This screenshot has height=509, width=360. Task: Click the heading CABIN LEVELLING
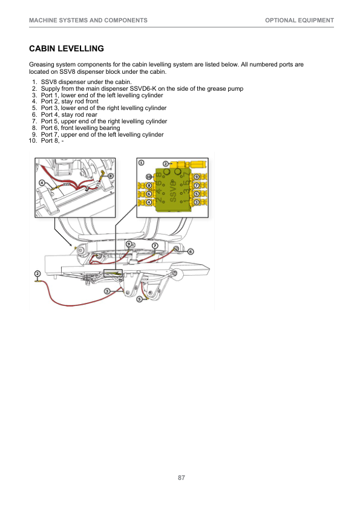67,49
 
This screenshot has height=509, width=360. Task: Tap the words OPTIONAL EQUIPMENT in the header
299,21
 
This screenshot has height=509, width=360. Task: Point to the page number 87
182,478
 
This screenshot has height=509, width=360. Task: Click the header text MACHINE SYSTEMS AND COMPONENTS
88,21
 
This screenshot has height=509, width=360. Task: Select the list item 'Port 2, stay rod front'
70,102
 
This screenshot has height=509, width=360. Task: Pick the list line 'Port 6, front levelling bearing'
80,128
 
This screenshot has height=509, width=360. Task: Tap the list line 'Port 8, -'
52,141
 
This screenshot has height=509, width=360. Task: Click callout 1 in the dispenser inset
142,162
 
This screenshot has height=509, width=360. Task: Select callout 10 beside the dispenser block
149,177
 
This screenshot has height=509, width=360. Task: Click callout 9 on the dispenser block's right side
196,177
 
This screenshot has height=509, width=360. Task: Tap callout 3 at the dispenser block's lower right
196,203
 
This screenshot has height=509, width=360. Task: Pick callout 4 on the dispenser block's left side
149,203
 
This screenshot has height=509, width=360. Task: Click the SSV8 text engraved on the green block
173,191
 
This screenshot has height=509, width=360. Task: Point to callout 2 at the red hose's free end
38,273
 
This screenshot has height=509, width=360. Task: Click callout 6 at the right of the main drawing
191,251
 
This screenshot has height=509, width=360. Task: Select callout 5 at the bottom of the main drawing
139,299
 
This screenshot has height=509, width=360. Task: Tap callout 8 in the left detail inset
111,176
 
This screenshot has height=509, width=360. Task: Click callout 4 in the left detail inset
42,183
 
